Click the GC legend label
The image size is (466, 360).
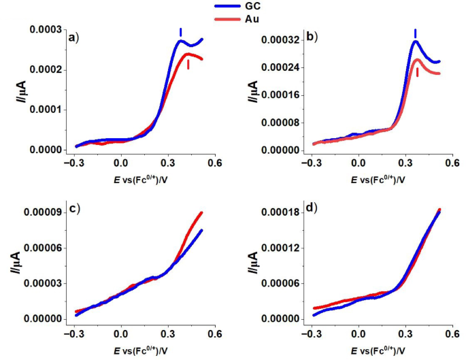click(x=253, y=7)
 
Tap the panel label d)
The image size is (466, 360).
click(x=314, y=208)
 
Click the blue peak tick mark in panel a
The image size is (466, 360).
click(x=180, y=32)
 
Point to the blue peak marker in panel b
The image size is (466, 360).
click(x=415, y=33)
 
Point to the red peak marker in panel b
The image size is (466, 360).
click(x=418, y=71)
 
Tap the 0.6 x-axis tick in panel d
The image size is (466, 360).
click(x=452, y=333)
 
